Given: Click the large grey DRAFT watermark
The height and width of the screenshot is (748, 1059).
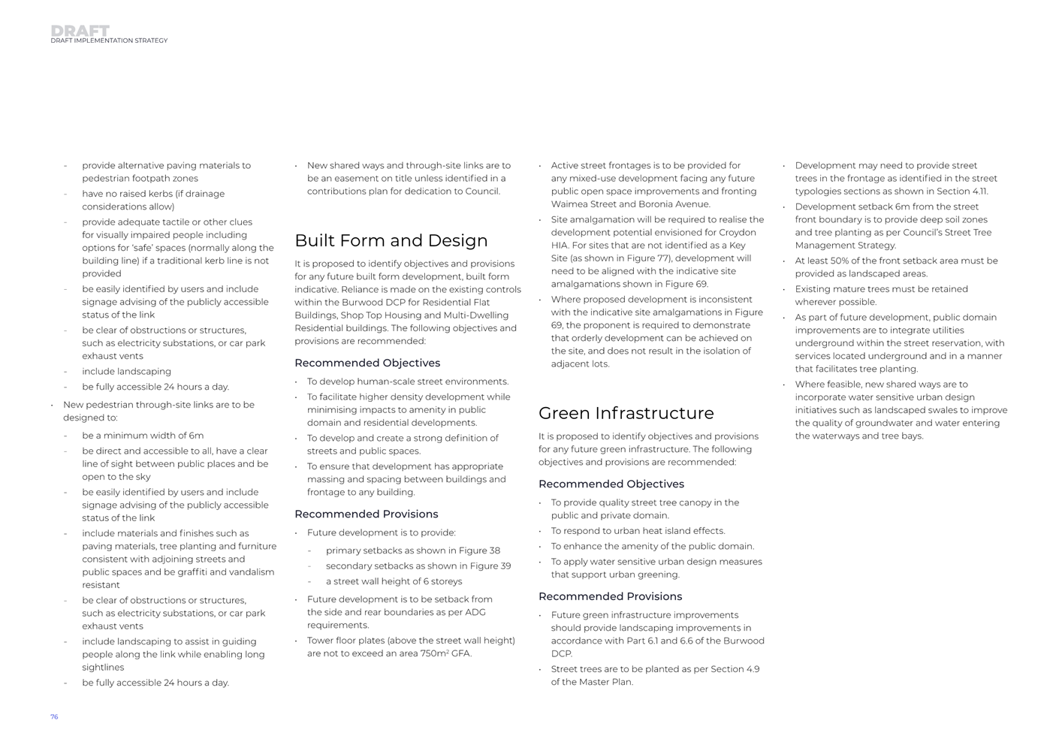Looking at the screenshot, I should pos(80,30).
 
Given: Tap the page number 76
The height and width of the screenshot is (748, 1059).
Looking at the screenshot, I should pos(54,717).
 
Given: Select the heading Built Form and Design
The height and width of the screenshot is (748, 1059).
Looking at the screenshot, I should pos(391,240).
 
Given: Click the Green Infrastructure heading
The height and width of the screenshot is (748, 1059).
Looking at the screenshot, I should pos(626,413).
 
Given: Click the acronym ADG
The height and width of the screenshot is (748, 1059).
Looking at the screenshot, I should pos(475,613).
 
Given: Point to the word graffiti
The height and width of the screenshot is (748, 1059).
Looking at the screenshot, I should pos(206,572).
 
